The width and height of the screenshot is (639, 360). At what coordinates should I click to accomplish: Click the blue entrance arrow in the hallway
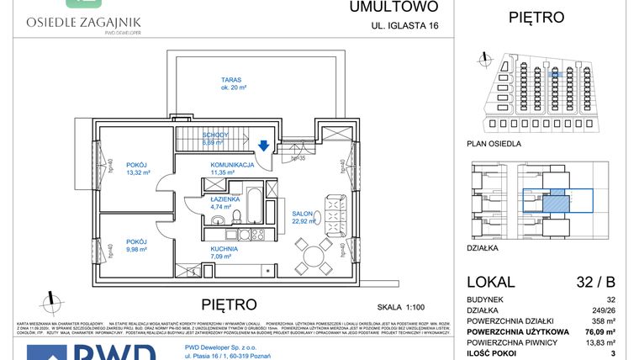pos(264,145)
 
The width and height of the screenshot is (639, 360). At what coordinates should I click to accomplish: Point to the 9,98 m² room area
pos(135,249)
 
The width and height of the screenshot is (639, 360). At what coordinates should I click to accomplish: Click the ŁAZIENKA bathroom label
pos(223,199)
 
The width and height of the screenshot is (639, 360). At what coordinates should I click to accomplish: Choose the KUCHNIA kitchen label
pos(224,249)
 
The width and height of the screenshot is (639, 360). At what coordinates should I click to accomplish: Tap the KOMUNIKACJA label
pos(232,165)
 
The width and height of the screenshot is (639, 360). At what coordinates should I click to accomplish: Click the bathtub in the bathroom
pos(251,200)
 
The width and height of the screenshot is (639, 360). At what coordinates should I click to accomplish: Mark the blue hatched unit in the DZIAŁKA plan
pos(554,201)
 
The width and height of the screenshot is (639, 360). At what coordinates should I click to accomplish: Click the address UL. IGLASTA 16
pos(405,26)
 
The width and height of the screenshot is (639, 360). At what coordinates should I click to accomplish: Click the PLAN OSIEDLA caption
pos(494,144)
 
